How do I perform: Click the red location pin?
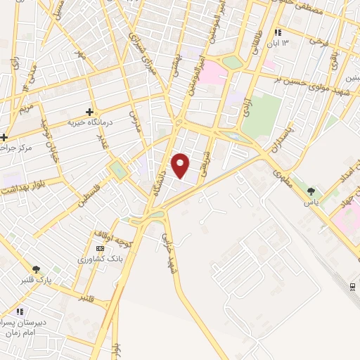181,165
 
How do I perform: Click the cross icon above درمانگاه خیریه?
89,111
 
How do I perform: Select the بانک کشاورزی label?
100,259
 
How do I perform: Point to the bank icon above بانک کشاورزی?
100,248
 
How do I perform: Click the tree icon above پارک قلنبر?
37,269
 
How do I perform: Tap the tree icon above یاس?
312,189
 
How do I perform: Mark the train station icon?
352,285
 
